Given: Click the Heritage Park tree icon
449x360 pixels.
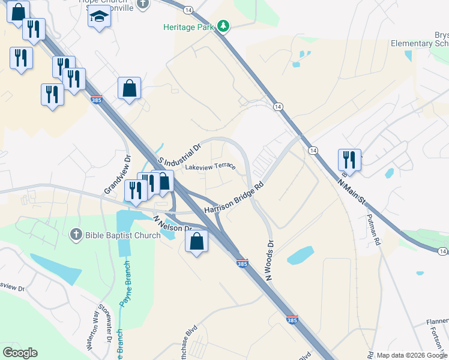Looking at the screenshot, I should [224, 26].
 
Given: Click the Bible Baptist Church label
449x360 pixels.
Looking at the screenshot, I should [122, 235].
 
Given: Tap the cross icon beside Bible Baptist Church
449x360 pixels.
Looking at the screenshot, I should [76, 234].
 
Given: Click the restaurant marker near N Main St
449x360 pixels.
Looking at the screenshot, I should [349, 160].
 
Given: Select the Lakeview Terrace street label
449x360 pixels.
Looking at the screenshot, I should [210, 167].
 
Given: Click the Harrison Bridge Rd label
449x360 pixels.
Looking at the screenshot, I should [234, 197].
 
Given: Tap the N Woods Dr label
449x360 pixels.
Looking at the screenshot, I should [269, 260].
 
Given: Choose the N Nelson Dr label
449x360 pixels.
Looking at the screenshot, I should [172, 224].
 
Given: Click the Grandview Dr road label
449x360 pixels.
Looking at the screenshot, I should [118, 175].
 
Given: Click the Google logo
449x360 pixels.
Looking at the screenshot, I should [20, 353].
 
